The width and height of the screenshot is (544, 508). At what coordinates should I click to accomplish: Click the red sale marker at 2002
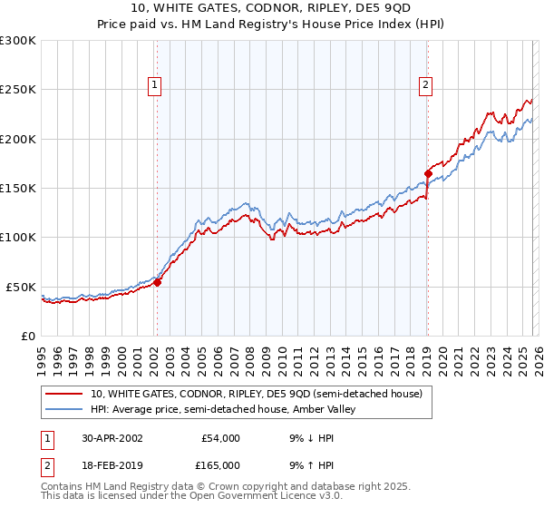coord(157,282)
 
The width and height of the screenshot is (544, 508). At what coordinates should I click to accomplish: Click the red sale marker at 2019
coord(427,173)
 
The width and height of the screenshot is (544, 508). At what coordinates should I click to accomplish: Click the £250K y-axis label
coord(18,90)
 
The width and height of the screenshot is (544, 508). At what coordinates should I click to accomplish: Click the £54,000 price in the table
coord(220,437)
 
